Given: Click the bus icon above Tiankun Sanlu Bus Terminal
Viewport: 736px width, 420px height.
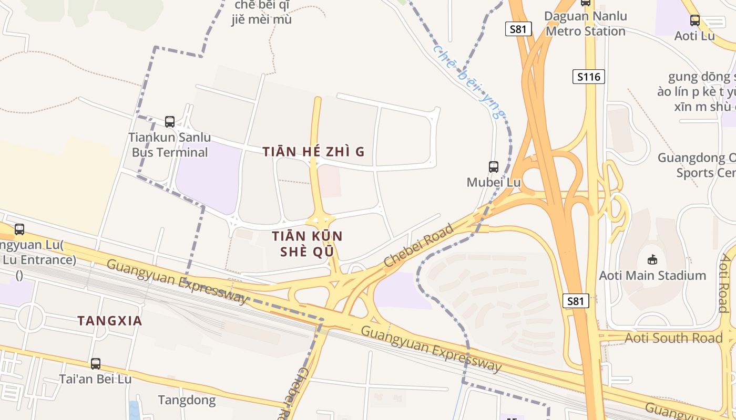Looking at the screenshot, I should point(170,122).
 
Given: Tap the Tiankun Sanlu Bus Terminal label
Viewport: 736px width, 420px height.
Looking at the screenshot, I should point(170,145).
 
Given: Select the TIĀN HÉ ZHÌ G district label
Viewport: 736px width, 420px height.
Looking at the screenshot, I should point(314,152).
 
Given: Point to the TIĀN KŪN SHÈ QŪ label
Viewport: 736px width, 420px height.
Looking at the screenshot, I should point(307,244).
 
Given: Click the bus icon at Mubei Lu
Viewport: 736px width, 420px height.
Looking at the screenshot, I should point(494,167).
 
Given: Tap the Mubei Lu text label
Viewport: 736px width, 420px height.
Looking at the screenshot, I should point(494,182).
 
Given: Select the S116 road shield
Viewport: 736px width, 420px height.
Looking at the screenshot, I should point(588,77).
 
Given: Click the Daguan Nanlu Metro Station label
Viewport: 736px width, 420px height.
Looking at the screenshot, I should point(586,24).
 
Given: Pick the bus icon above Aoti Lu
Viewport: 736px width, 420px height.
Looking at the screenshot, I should point(694,20).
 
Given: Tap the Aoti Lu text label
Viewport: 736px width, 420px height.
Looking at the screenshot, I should point(694,36).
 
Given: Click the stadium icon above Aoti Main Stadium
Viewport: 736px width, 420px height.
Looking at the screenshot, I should point(652,259).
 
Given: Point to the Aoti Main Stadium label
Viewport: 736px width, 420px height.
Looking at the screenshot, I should point(652,275).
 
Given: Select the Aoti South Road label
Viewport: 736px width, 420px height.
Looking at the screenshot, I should point(673,338).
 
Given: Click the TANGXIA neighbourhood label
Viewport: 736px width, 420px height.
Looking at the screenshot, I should point(110,321).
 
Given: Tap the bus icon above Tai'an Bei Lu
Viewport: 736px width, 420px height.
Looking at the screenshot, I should point(95,363).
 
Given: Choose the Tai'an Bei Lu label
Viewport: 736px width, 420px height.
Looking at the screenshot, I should point(95,379).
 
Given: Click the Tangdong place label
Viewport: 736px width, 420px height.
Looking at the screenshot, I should point(187,401).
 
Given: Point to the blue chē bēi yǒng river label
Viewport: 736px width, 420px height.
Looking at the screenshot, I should point(469,82).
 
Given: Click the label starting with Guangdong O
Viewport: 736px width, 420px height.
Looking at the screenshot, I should point(697,165).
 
